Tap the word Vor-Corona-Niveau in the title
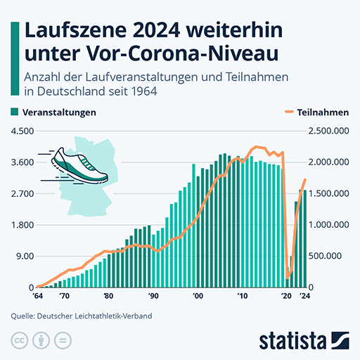[182, 54]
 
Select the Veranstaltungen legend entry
[53, 112]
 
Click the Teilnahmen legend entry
[317, 112]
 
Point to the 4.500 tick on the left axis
[22, 131]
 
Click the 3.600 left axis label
[22, 162]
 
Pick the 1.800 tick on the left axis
[22, 225]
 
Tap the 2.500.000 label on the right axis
[328, 131]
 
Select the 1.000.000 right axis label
[328, 225]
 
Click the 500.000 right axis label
[325, 256]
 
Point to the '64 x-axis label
[38, 296]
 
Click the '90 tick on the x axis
[153, 296]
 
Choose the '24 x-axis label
[305, 296]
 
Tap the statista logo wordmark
[292, 342]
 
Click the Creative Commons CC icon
[20, 340]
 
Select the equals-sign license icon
[63, 340]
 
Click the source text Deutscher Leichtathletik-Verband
[94, 316]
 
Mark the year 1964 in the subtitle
[144, 91]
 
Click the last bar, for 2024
[304, 238]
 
